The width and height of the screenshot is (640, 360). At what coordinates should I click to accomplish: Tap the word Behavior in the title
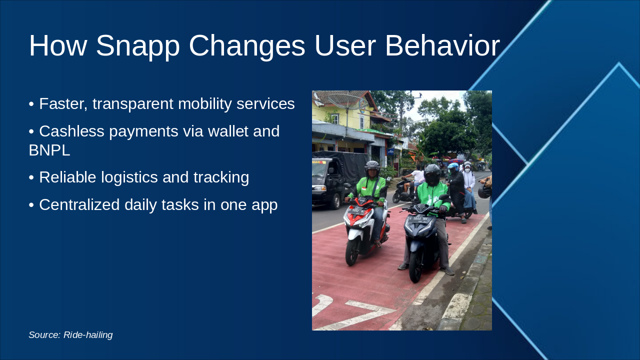pyautogui.click(x=442, y=45)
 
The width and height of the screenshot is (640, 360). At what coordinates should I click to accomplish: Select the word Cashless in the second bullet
pyautogui.click(x=71, y=131)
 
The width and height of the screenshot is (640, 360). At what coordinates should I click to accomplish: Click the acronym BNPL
pyautogui.click(x=49, y=150)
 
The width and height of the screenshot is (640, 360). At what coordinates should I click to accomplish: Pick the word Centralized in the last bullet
pyautogui.click(x=79, y=205)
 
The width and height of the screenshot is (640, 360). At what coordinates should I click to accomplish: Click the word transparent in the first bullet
pyautogui.click(x=133, y=104)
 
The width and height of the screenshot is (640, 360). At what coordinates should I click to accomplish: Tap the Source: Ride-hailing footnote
pyautogui.click(x=70, y=335)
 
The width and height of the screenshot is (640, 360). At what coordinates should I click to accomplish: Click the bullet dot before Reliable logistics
pyautogui.click(x=31, y=177)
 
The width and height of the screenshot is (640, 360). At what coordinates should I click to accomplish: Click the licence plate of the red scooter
pyautogui.click(x=356, y=211)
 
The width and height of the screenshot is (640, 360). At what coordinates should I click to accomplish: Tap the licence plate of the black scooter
pyautogui.click(x=418, y=219)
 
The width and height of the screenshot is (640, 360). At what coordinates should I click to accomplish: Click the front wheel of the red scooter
pyautogui.click(x=351, y=252)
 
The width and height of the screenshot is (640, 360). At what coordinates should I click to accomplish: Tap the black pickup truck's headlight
pyautogui.click(x=319, y=188)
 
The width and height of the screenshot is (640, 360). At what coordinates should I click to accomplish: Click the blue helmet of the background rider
pyautogui.click(x=453, y=166)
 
